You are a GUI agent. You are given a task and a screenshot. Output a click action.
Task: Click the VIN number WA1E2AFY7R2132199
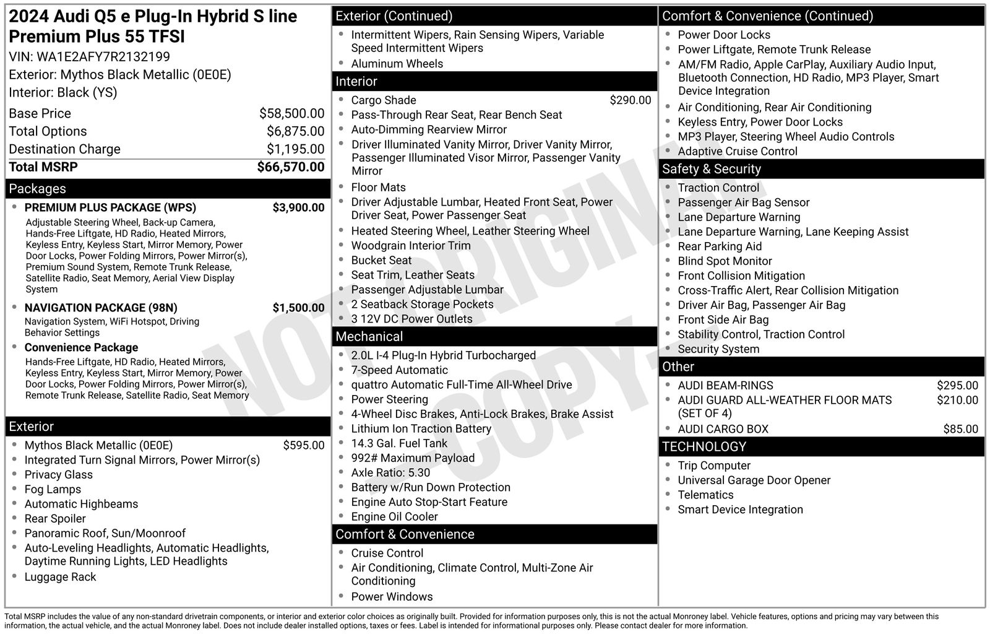coord(103,57)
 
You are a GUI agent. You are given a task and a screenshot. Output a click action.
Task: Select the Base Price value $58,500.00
coord(291,113)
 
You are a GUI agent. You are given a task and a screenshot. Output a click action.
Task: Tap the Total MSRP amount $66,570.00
coord(290,167)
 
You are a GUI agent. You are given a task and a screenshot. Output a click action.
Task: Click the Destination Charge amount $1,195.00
coord(295,149)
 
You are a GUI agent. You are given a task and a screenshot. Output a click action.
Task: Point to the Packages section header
coord(37,189)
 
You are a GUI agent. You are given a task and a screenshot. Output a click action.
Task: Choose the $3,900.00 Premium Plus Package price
coord(298,207)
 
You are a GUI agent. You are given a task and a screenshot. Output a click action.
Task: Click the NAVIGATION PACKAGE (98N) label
coord(101,308)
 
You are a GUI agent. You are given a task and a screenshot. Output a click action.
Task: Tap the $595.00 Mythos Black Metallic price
coord(303,445)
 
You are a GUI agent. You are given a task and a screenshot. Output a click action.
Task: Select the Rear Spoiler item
coord(55,519)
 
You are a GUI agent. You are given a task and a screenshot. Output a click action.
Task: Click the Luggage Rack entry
coord(60,577)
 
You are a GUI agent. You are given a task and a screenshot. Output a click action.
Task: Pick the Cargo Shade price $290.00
coord(630,100)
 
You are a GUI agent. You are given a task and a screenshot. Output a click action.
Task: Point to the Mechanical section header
coord(369,337)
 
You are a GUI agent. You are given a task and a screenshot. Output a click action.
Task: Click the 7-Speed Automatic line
coord(399,370)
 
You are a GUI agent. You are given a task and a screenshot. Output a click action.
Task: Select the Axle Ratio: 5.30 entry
coord(390,473)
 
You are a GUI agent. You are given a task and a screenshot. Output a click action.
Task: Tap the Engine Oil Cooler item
coord(394,517)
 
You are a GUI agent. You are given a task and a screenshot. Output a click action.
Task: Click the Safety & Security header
coord(711,169)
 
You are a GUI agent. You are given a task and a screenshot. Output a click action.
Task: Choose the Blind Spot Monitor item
coord(725,261)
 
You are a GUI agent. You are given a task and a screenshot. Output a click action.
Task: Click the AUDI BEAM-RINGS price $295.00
coord(957,386)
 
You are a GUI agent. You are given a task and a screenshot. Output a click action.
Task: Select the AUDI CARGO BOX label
coord(723,429)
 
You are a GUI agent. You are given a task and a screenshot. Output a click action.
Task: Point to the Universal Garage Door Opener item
coord(754,480)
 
